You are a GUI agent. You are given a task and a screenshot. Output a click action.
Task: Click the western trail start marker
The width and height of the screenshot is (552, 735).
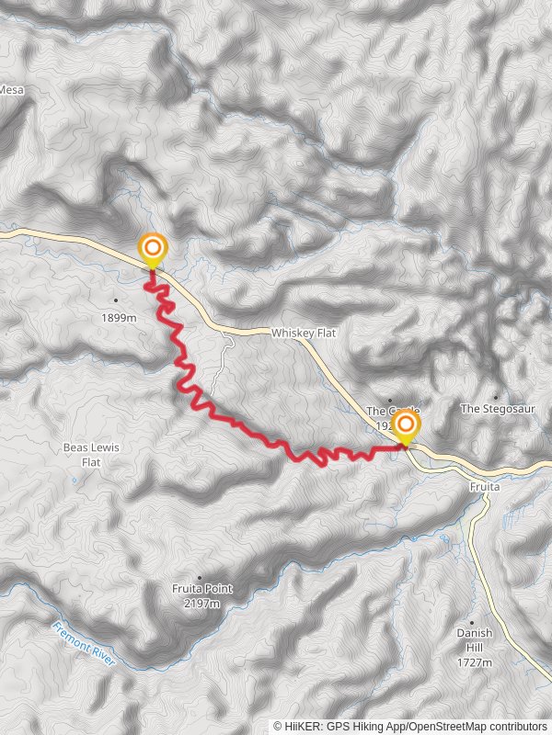152,248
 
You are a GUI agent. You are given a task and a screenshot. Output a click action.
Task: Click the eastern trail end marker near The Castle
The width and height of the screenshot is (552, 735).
406,425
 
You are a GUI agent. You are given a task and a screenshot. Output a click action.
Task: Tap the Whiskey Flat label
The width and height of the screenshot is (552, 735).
299,333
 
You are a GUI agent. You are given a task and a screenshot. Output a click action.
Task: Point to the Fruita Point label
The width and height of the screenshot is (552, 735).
198,590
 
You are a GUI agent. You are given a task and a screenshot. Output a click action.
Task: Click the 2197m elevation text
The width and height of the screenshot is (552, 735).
202,604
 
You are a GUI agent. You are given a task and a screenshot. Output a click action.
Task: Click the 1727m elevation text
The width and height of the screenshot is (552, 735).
475,662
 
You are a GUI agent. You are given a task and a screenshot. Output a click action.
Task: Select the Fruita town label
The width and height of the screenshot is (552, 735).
483,486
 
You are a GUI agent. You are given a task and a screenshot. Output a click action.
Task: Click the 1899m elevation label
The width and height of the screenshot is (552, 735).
120,318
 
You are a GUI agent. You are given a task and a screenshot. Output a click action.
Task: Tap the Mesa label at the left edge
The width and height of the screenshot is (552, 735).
12,90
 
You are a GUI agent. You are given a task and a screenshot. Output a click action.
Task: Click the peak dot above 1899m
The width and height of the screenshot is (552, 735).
116,300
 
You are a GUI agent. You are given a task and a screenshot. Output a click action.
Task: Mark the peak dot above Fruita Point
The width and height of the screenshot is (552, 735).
200,578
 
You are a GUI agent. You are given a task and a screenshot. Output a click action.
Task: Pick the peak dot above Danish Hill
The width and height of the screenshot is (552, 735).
475,621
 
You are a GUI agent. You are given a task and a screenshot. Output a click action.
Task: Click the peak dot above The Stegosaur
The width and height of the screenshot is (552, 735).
497,397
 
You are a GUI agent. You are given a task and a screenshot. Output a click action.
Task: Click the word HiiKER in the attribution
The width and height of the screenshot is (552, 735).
301,726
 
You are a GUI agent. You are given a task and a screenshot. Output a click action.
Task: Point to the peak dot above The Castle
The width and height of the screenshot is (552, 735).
390,400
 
